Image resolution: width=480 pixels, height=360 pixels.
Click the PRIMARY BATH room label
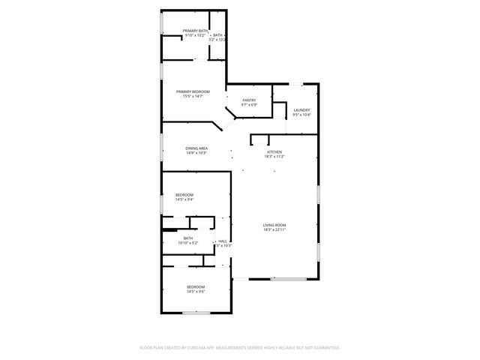[x=194, y=31]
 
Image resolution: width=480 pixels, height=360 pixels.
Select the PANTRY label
[x=250, y=100]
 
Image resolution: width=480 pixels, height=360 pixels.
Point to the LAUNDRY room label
[x=301, y=110]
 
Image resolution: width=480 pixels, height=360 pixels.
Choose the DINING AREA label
[x=196, y=148]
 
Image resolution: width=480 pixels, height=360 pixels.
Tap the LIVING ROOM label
[x=274, y=225]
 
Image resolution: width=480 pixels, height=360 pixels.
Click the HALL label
[x=223, y=241]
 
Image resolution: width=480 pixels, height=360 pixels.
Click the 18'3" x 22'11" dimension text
[x=274, y=229]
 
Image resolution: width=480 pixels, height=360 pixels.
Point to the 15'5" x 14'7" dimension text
[x=193, y=96]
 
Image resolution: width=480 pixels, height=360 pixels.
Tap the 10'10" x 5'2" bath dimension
[x=187, y=242]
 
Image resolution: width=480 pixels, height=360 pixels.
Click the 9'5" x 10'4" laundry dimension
[x=301, y=115]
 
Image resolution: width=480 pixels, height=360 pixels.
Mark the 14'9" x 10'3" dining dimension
[x=196, y=153]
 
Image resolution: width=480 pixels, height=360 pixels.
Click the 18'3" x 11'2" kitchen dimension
[x=274, y=157]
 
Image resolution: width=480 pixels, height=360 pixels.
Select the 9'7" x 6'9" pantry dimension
[x=250, y=105]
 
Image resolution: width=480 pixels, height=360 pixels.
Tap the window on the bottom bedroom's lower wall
[x=196, y=312]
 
